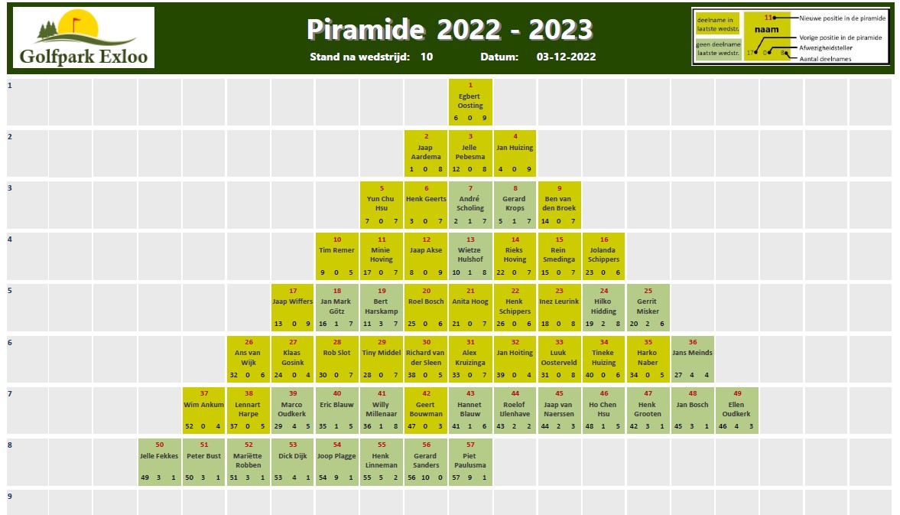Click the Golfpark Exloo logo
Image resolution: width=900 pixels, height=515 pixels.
click(x=84, y=37)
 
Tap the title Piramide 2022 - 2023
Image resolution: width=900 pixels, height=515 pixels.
click(x=450, y=29)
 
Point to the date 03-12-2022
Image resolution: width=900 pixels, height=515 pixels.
click(x=566, y=57)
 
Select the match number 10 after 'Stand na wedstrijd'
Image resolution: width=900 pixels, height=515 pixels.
click(x=427, y=57)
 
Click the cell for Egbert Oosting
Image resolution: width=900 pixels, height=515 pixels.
click(x=470, y=102)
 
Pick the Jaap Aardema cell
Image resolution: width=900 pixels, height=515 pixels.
click(x=426, y=153)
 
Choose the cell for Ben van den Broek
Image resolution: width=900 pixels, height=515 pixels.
click(x=559, y=204)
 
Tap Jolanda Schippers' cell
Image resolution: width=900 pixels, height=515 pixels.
click(x=603, y=256)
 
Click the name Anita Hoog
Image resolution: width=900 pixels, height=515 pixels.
click(x=470, y=302)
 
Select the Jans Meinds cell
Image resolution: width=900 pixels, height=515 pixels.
click(x=692, y=359)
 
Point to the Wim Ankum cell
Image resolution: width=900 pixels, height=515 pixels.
click(x=203, y=410)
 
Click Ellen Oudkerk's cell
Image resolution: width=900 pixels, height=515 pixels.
click(x=737, y=410)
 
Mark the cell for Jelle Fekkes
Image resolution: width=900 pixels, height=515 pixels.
click(x=160, y=461)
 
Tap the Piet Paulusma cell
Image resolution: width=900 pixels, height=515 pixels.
click(x=470, y=461)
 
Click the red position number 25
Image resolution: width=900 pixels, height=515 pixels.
click(x=648, y=291)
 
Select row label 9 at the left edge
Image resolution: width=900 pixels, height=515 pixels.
click(x=10, y=496)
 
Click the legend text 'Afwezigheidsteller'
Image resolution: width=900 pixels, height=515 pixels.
click(x=825, y=47)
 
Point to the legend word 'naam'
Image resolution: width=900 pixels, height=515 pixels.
click(x=766, y=29)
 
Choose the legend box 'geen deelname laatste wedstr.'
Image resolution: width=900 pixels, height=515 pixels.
click(x=718, y=49)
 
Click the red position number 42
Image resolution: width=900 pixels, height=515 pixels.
click(x=426, y=393)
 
